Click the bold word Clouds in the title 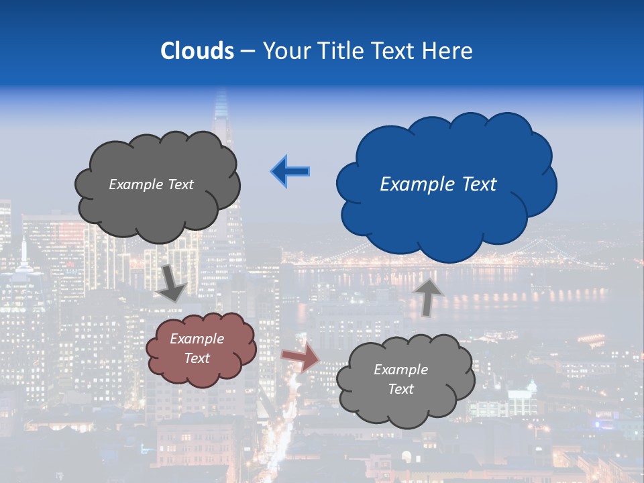197,50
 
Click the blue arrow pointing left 290,172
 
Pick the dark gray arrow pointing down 172,282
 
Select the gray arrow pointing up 428,297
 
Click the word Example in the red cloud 197,339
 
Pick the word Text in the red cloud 197,358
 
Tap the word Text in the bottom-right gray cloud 400,389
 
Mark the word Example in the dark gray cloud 133,184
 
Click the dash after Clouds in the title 248,51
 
